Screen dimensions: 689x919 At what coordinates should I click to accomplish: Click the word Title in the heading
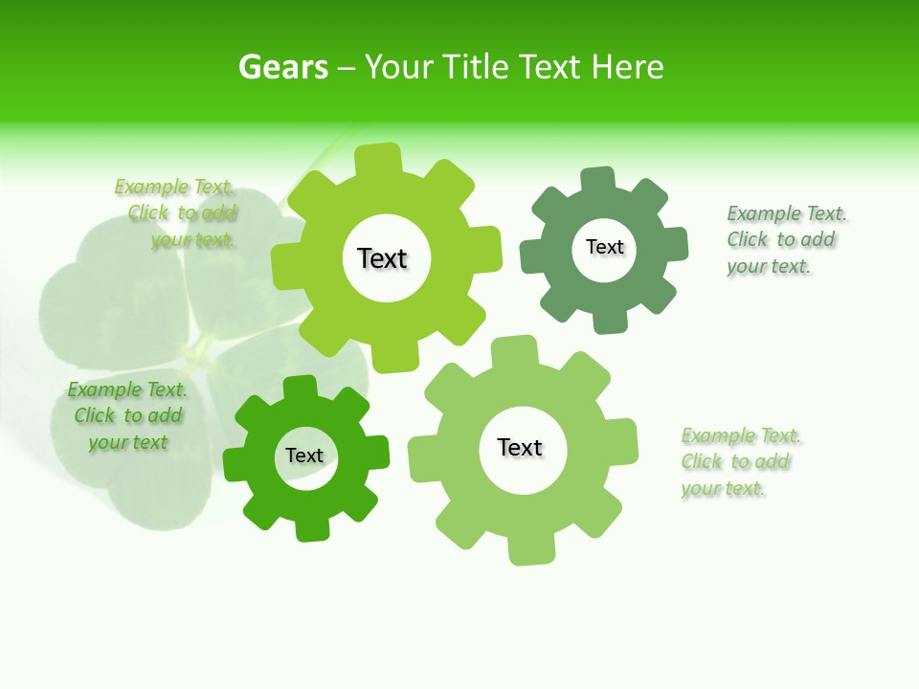point(476,67)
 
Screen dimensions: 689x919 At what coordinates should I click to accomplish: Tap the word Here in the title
point(627,67)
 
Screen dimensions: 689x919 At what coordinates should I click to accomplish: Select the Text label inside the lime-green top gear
point(383,258)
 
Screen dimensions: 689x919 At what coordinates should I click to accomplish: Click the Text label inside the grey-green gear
point(605,247)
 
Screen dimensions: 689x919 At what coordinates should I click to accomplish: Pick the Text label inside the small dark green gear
point(304,456)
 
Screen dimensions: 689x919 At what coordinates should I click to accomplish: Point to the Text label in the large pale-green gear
point(520,447)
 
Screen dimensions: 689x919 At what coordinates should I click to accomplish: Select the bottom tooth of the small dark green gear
point(311,528)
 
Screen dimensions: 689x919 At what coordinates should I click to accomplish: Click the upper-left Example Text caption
point(176,213)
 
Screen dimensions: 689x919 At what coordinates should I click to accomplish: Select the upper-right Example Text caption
point(781,240)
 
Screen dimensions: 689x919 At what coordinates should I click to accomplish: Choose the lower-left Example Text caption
point(127,416)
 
